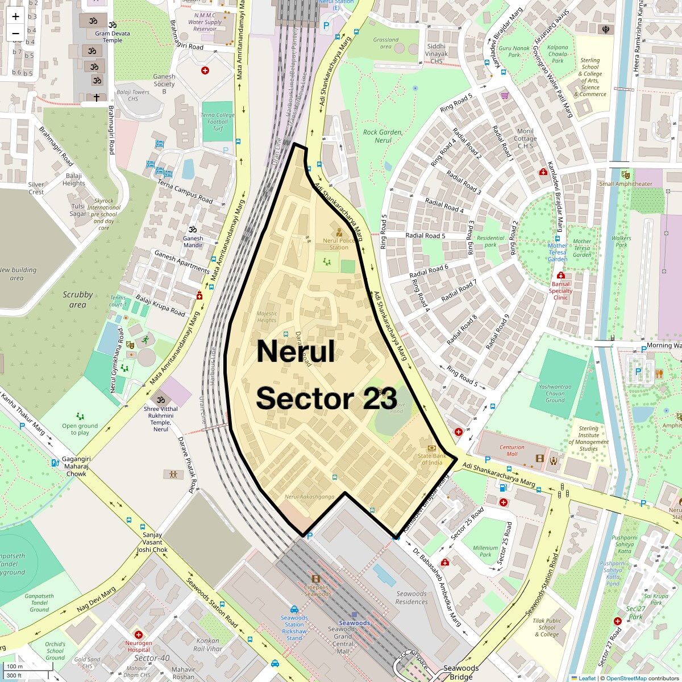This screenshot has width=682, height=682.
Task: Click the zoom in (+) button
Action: [15, 16]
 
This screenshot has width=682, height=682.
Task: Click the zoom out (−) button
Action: [15, 34]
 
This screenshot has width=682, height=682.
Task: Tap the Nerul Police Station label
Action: [339, 244]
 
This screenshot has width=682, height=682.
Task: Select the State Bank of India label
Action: [432, 459]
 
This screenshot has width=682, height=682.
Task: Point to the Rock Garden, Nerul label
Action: [382, 136]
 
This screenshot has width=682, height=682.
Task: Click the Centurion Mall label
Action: [512, 450]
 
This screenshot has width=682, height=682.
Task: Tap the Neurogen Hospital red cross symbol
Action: [138, 634]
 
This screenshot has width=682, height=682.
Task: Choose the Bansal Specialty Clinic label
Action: [560, 290]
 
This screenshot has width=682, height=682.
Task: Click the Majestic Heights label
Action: [267, 317]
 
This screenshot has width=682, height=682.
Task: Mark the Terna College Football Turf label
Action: [217, 122]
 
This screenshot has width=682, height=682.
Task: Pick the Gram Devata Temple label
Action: [112, 37]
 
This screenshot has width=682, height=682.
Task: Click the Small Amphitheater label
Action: [626, 184]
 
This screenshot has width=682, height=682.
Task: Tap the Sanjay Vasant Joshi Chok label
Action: [152, 542]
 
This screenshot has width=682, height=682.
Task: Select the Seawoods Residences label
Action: [411, 598]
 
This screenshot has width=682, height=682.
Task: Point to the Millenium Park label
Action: [485, 551]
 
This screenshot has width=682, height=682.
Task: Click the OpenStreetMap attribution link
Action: [626, 678]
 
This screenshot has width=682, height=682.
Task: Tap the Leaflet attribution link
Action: [587, 678]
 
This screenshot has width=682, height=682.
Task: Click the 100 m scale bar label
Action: [15, 667]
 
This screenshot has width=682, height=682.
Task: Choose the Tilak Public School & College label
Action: [547, 627]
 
